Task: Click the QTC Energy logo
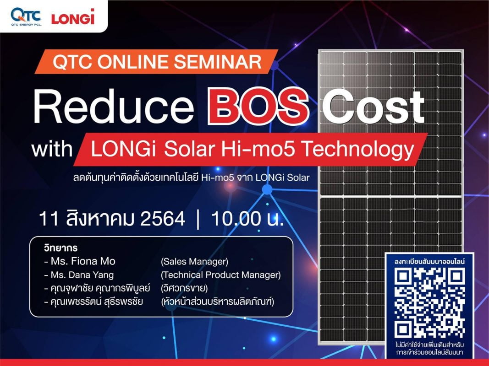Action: tap(26, 16)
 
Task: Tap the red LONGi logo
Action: tap(73, 17)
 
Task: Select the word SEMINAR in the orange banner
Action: tap(218, 61)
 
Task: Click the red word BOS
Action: tap(258, 107)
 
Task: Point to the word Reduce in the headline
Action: tap(114, 107)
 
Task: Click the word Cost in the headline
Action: tap(374, 107)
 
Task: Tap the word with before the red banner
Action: tap(52, 150)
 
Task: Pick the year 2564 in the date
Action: tap(163, 219)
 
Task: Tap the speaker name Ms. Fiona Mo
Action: tap(83, 261)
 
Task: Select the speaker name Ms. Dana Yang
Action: tap(82, 275)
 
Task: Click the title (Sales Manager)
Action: tap(195, 261)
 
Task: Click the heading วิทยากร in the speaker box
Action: tap(61, 248)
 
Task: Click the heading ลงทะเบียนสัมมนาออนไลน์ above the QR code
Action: tap(429, 261)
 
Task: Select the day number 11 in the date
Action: tap(49, 219)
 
